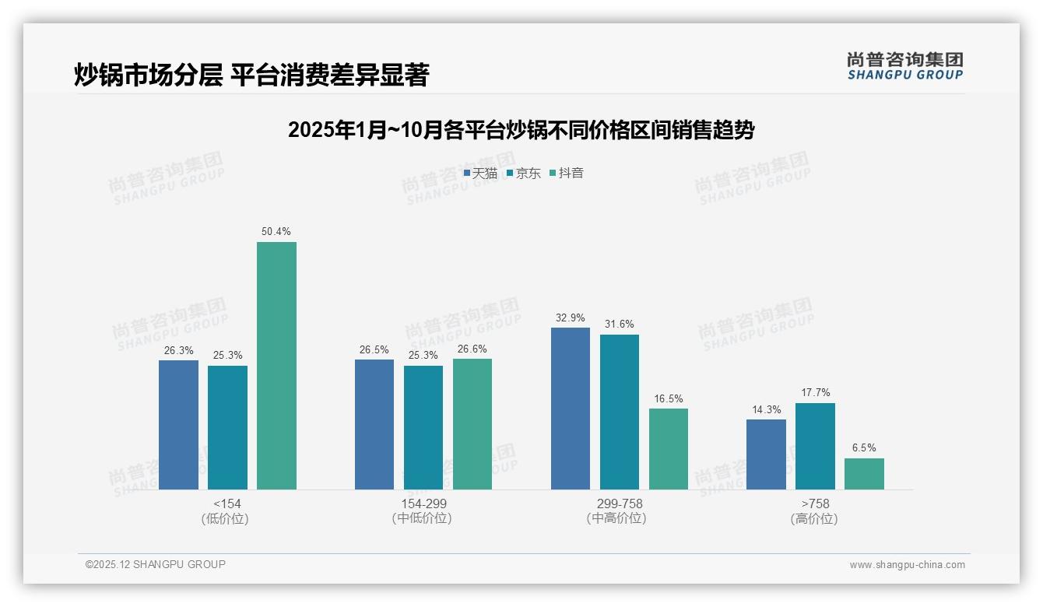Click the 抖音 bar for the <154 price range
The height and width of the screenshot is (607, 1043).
(276, 366)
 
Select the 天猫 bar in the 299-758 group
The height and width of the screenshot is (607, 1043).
(571, 409)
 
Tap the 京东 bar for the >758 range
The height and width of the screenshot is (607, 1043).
(815, 446)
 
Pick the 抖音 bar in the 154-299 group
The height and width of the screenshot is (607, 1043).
(472, 424)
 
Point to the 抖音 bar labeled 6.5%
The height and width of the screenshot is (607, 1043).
(864, 474)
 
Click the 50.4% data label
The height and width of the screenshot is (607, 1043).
(276, 231)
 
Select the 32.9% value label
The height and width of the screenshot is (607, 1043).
(571, 318)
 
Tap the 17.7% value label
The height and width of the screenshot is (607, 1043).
(815, 393)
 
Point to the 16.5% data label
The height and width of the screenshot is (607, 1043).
(669, 398)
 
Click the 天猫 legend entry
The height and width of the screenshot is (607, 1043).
(480, 174)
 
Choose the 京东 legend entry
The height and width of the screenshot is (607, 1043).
(524, 174)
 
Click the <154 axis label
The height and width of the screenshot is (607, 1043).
(227, 503)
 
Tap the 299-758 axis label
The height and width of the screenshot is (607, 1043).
(620, 503)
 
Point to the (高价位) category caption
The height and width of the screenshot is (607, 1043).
(814, 519)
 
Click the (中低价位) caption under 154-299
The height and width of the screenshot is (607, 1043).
(422, 519)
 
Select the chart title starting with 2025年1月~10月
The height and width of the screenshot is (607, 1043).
(521, 130)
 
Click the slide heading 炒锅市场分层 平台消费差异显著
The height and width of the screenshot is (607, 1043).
(251, 75)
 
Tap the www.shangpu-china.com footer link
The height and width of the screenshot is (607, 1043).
(907, 565)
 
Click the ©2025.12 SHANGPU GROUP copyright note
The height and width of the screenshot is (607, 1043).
(156, 564)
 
